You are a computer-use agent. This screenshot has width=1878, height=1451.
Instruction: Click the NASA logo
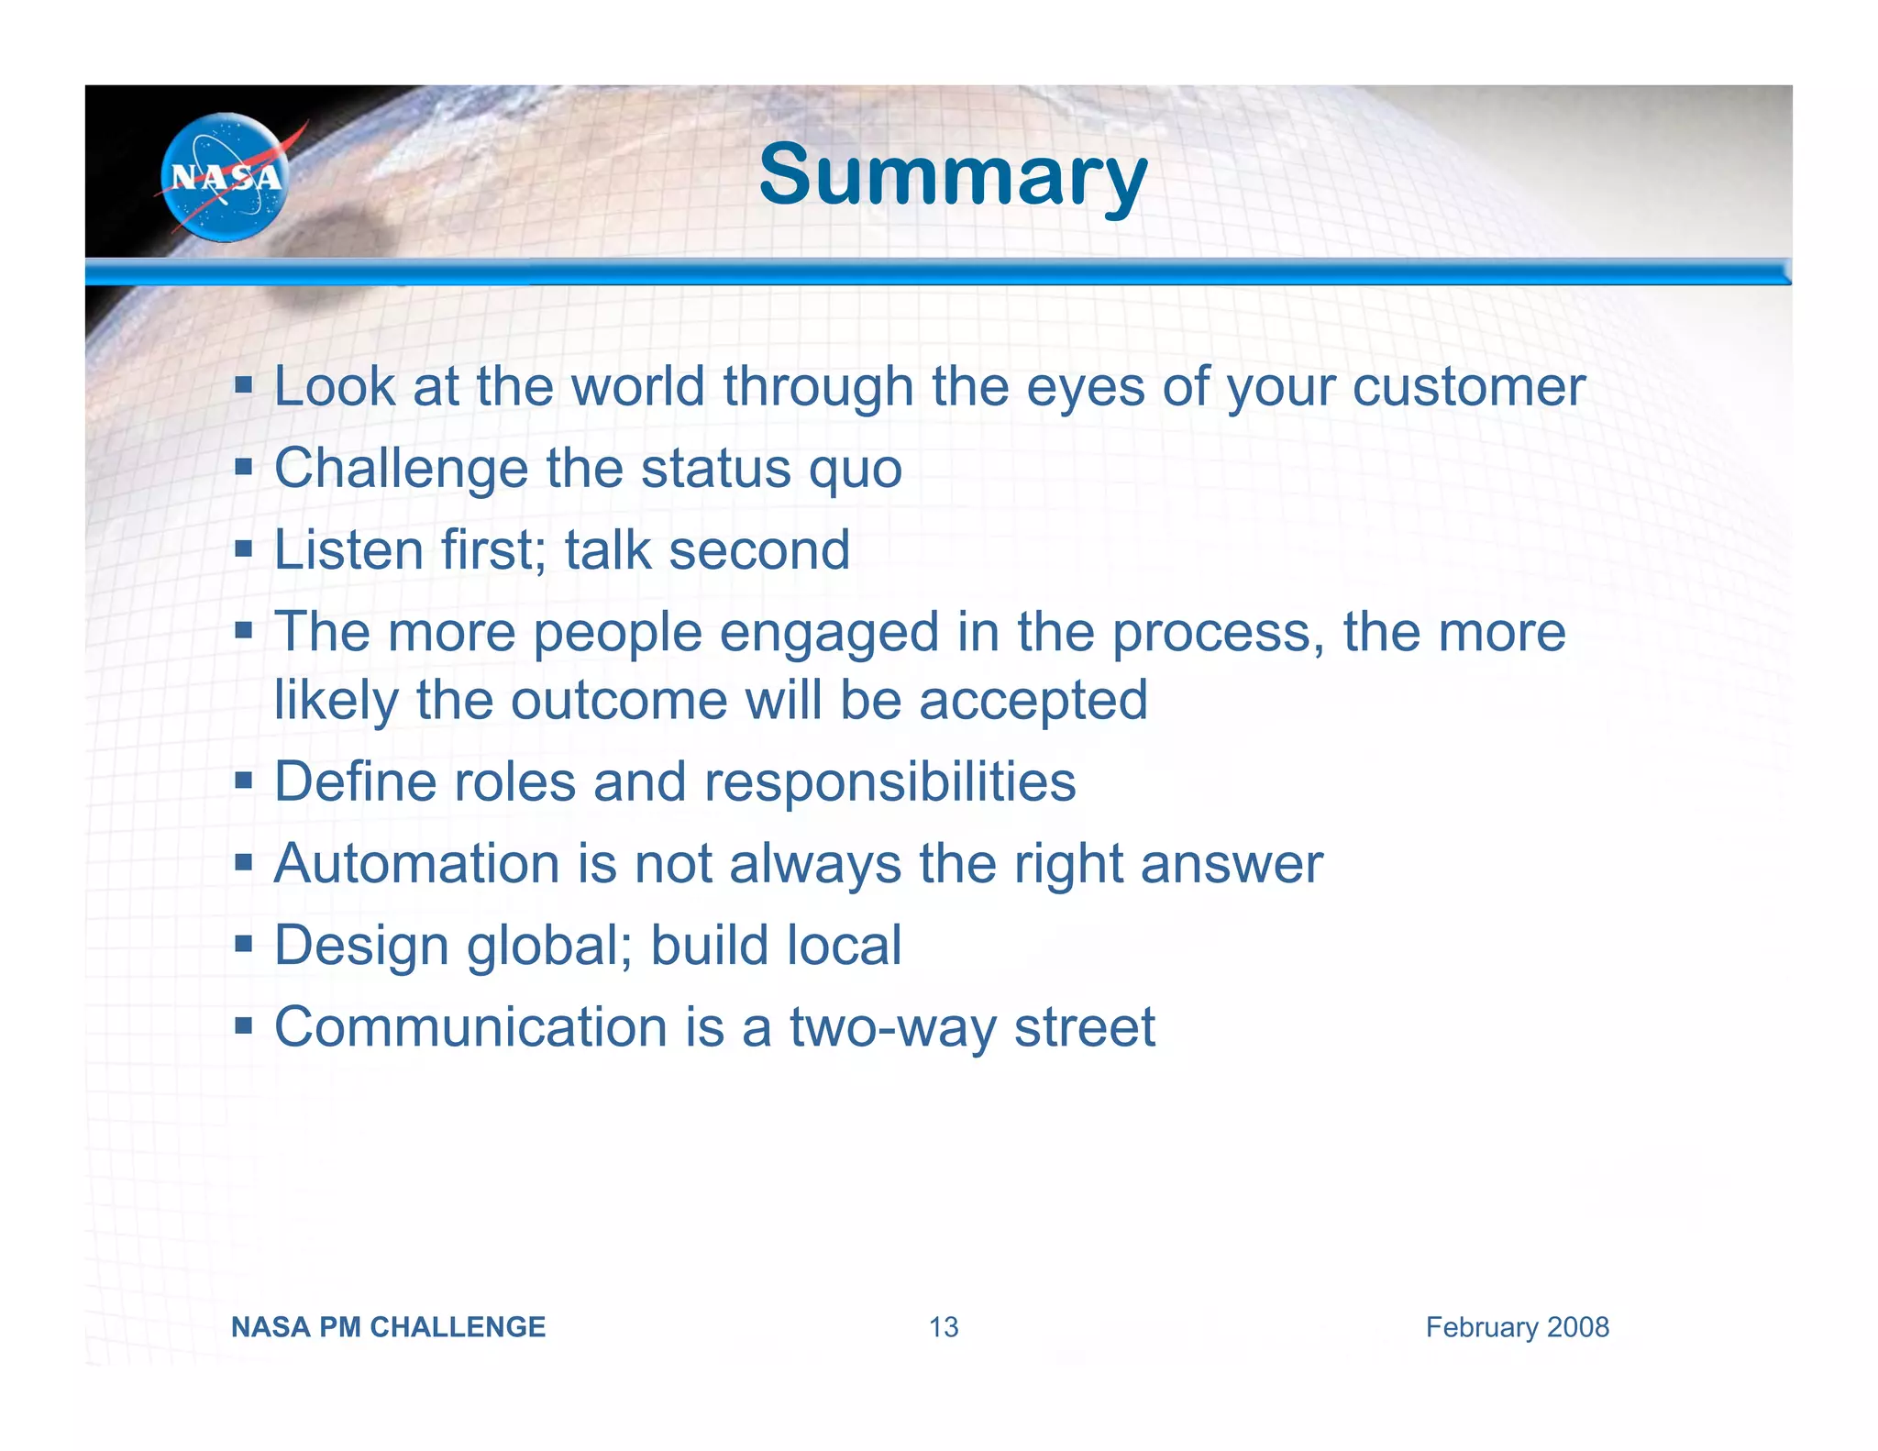225,177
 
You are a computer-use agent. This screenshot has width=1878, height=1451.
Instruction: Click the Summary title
953,175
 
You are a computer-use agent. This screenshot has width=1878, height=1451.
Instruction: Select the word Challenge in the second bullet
401,469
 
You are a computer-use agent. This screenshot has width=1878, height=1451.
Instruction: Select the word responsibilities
889,782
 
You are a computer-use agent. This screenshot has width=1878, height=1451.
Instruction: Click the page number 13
944,1327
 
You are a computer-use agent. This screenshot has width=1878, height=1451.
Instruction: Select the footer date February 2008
1517,1327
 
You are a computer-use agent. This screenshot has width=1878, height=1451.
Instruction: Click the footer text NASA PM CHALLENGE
388,1327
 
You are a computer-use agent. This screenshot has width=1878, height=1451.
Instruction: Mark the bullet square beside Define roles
243,781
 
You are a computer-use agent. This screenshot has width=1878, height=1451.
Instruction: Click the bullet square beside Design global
243,944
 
